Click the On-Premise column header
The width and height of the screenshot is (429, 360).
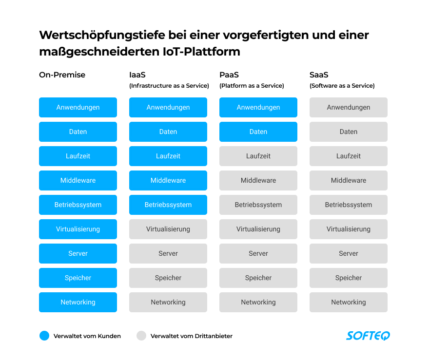pyautogui.click(x=62, y=75)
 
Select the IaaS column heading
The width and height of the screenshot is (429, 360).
pyautogui.click(x=137, y=75)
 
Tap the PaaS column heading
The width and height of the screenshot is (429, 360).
pyautogui.click(x=229, y=75)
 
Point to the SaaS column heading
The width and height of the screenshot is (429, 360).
pyautogui.click(x=319, y=75)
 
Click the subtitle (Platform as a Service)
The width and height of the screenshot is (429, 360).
pyautogui.click(x=252, y=86)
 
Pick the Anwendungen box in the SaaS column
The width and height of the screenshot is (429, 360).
pyautogui.click(x=349, y=107)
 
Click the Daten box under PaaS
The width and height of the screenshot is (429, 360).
pyautogui.click(x=258, y=132)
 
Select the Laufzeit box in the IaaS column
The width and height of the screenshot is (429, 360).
pyautogui.click(x=168, y=156)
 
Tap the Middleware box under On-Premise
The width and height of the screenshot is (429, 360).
pyautogui.click(x=78, y=180)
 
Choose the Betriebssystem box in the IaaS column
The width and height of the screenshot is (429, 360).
pyautogui.click(x=168, y=205)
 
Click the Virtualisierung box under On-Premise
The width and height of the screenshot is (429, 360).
pyautogui.click(x=78, y=229)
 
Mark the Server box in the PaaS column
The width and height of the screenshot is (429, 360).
pyautogui.click(x=258, y=253)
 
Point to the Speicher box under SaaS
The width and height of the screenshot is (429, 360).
pyautogui.click(x=349, y=278)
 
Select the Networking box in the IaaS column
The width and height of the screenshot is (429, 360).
pyautogui.click(x=168, y=302)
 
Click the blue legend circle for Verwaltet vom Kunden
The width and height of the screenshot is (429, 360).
pyautogui.click(x=44, y=336)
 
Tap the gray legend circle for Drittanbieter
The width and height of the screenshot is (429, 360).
pyautogui.click(x=141, y=336)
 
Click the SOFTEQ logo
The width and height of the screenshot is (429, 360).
pyautogui.click(x=368, y=336)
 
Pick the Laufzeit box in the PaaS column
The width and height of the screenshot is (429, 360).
pyautogui.click(x=258, y=156)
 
